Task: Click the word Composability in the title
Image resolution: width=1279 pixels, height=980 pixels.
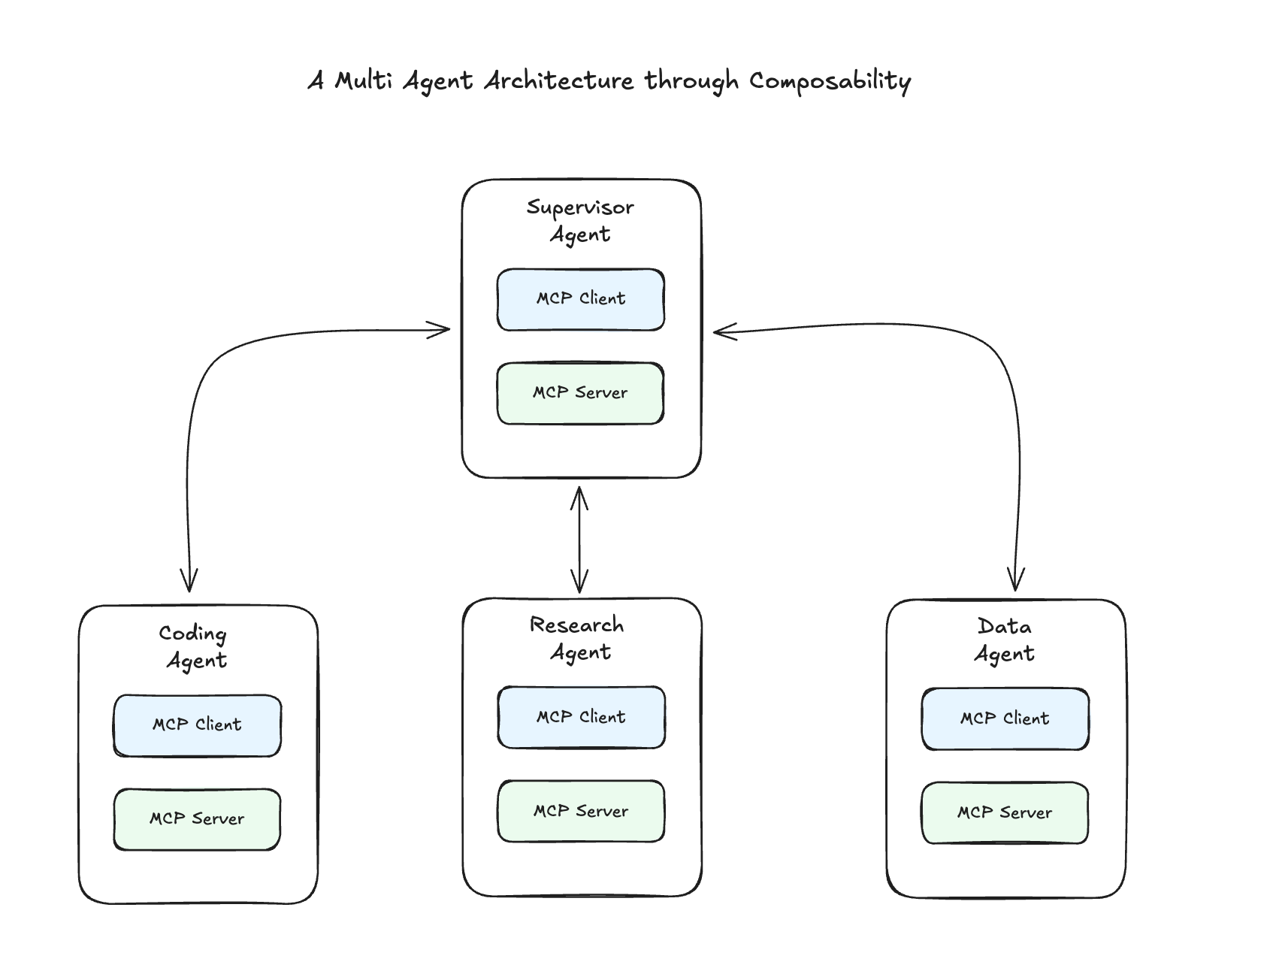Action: click(x=830, y=81)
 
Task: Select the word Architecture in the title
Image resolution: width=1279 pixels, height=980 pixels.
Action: click(x=558, y=80)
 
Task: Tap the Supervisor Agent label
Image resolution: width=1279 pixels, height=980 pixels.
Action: click(x=580, y=220)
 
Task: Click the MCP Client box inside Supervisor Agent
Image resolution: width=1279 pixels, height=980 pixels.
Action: click(x=580, y=299)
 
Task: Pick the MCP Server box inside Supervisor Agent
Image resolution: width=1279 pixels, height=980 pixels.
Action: click(x=580, y=393)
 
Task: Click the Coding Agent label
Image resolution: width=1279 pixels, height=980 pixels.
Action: click(x=195, y=646)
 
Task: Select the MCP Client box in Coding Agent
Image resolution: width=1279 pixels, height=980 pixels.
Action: click(x=197, y=725)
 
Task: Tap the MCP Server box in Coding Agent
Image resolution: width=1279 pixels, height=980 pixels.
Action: click(x=197, y=819)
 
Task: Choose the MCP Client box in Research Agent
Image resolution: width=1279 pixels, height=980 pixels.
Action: click(x=581, y=718)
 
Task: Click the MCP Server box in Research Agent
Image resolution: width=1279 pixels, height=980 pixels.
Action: click(x=581, y=812)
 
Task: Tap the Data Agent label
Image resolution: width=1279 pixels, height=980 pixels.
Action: click(x=1005, y=640)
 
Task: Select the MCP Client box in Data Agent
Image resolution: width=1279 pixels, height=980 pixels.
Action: click(x=1005, y=719)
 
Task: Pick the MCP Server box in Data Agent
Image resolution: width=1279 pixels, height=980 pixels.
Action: click(x=1005, y=813)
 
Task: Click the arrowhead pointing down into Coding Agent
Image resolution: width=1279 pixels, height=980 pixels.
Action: click(x=189, y=582)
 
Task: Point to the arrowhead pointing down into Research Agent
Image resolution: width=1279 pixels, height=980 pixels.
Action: click(x=579, y=583)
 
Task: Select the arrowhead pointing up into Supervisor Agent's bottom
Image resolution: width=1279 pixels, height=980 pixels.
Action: click(x=579, y=497)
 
